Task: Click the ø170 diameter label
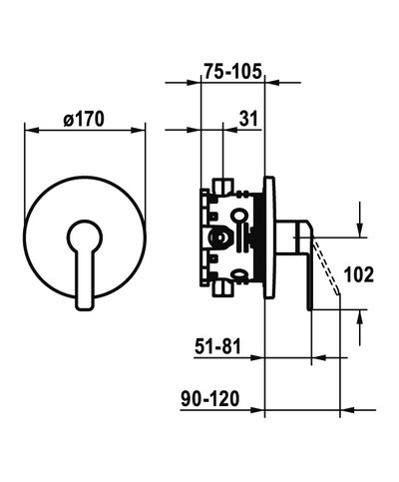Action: click(84, 119)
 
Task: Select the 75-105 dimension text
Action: click(233, 71)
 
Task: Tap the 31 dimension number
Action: click(248, 119)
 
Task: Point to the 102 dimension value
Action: click(359, 275)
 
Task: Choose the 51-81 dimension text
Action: click(217, 346)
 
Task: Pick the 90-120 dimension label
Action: click(210, 398)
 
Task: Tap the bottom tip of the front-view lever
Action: click(85, 309)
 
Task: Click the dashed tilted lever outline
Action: click(327, 267)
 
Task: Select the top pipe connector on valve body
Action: click(223, 186)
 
